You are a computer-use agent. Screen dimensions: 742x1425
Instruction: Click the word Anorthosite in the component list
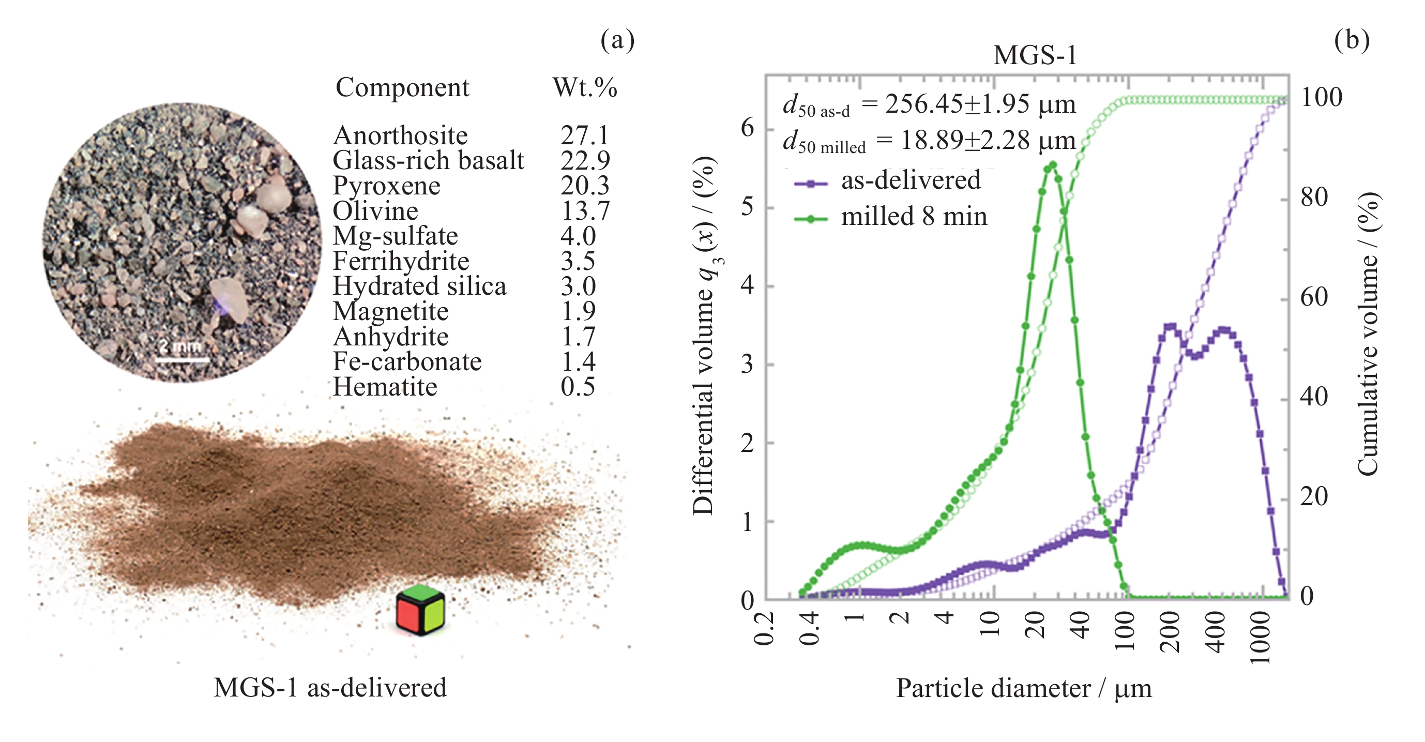400,135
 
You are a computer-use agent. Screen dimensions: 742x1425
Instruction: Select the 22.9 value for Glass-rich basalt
585,160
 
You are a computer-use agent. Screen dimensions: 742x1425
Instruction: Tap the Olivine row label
375,211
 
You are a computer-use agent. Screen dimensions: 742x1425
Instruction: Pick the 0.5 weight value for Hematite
578,387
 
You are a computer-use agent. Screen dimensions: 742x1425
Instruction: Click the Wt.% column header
585,87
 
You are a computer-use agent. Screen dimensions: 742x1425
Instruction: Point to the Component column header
402,87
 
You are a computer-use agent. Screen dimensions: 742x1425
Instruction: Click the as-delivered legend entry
910,180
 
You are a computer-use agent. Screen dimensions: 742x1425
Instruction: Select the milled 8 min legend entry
913,216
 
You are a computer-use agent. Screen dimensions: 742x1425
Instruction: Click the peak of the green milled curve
1052,165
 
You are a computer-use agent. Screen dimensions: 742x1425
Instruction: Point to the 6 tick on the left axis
747,128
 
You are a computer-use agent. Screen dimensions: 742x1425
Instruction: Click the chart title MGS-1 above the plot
1035,55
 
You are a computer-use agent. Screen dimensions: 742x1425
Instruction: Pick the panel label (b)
1351,40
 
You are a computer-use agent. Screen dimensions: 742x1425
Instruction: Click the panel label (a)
617,40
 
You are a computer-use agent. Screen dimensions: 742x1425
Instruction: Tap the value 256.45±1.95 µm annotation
980,104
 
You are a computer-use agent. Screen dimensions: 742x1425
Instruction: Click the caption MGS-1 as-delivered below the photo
330,688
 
